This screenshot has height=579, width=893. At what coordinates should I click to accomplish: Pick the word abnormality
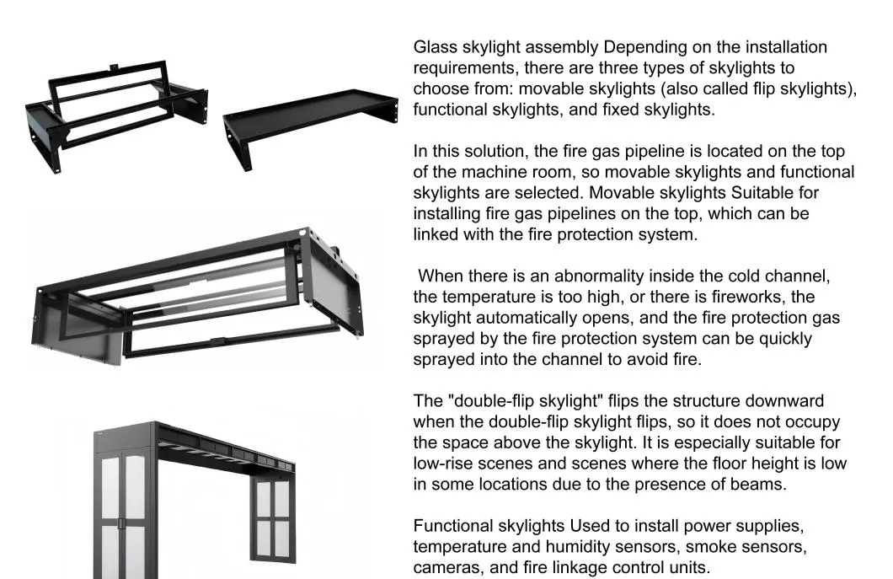pos(599,276)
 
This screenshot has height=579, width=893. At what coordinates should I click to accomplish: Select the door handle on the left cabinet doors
pos(121,523)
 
